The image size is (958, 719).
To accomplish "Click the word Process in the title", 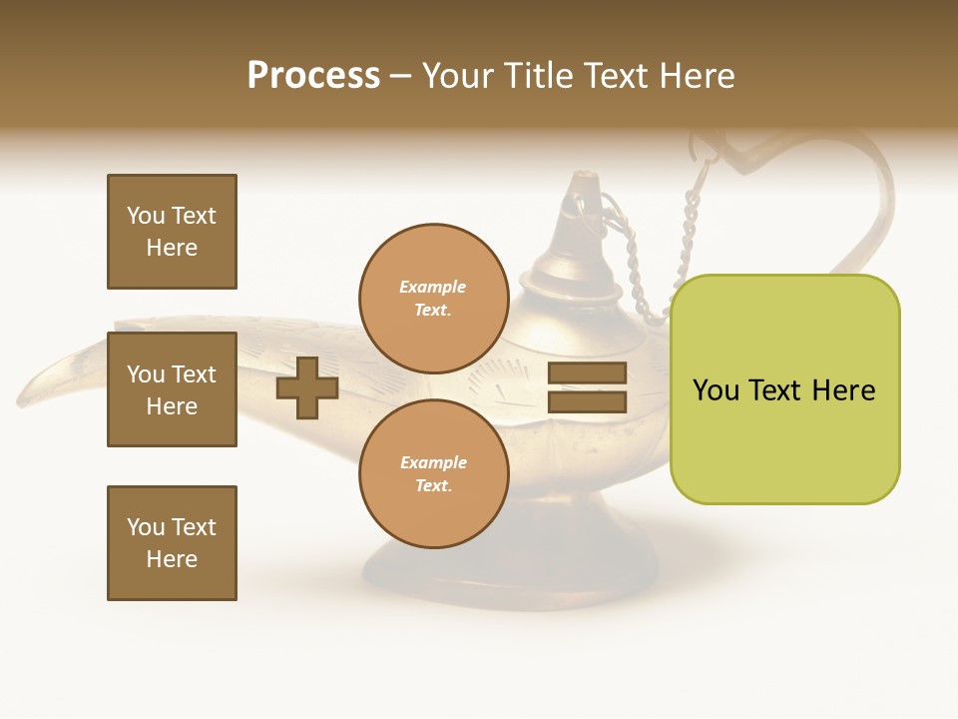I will [x=313, y=76].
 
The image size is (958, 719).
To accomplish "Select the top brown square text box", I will [x=172, y=232].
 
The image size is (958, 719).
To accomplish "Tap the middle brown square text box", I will [x=172, y=389].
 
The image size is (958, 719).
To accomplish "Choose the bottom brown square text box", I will [x=172, y=543].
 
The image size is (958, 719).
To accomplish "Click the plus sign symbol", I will [x=307, y=387].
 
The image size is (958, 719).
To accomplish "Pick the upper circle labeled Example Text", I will [x=433, y=299].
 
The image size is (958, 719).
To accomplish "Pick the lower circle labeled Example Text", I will [x=433, y=474].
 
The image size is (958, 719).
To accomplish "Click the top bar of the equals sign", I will [x=587, y=373].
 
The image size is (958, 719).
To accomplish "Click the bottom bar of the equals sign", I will [x=587, y=401].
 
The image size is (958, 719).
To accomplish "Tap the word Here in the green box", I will [x=843, y=390].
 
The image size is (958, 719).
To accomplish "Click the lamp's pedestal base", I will [x=509, y=574].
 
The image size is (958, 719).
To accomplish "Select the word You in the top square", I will [x=146, y=216].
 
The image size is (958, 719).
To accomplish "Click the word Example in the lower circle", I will [x=433, y=463].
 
